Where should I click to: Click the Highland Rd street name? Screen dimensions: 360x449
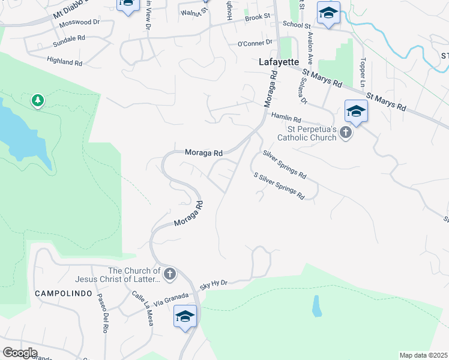64,62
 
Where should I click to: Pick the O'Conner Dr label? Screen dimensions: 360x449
255,43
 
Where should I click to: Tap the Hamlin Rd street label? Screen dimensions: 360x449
285,117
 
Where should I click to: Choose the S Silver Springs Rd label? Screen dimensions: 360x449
279,186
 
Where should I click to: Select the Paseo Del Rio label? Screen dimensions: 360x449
101,315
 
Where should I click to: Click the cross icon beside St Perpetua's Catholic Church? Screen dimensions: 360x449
345,132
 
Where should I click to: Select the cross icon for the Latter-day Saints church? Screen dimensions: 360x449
170,274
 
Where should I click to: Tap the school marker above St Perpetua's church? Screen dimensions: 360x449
356,112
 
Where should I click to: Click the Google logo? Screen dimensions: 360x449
20,353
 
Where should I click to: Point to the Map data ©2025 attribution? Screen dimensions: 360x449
423,355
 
